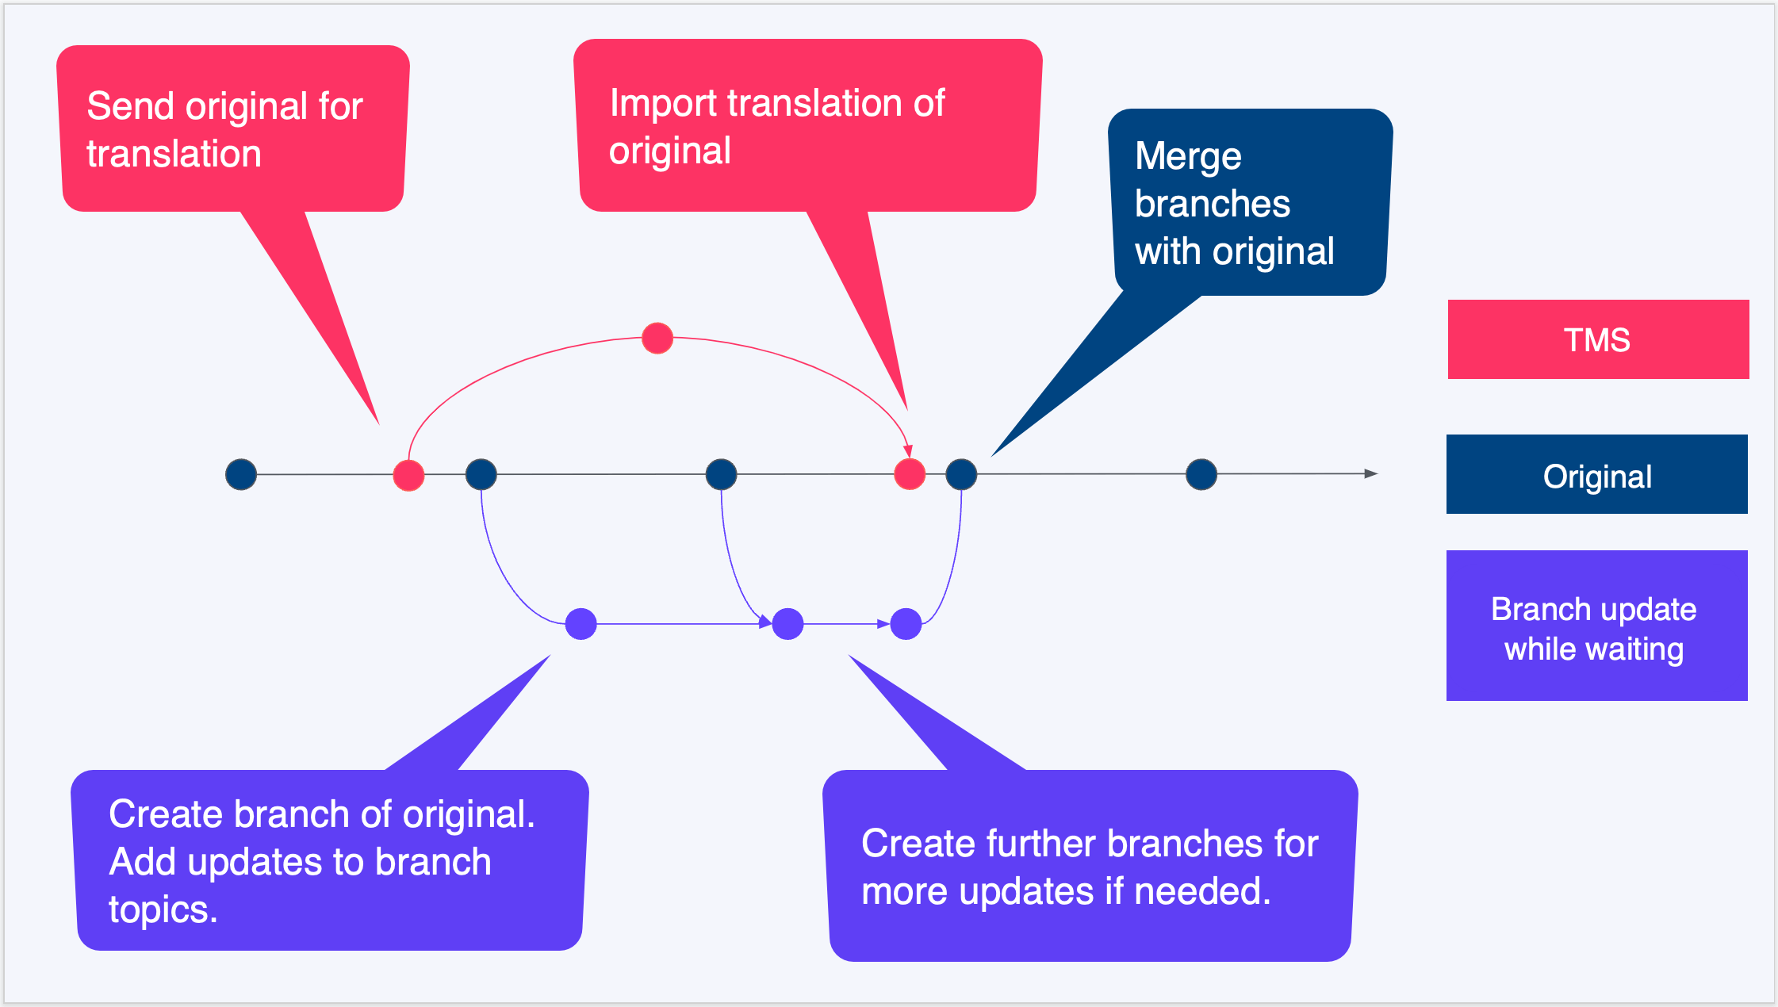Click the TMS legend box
click(1597, 339)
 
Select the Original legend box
click(1596, 474)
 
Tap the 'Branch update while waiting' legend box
click(1596, 626)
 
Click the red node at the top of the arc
click(657, 339)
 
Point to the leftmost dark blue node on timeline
click(241, 474)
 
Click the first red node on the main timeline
click(408, 476)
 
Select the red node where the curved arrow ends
click(910, 474)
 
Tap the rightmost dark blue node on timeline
click(1201, 474)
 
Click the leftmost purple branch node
click(581, 624)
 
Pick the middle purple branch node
click(787, 624)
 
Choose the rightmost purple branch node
click(906, 624)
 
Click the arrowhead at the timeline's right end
click(1370, 473)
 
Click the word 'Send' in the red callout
click(130, 106)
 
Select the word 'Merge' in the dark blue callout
click(1187, 156)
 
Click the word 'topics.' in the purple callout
click(163, 909)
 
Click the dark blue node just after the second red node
click(961, 474)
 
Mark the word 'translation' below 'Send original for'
click(174, 154)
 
